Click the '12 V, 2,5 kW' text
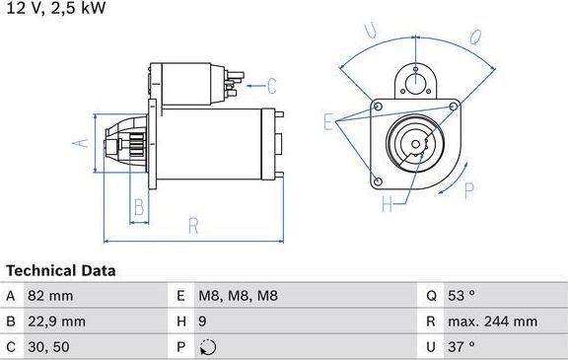[x=54, y=9]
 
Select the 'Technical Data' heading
[x=60, y=270]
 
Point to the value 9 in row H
[x=203, y=322]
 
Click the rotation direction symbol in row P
[x=205, y=347]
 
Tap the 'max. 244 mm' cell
[x=492, y=322]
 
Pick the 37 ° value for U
[x=461, y=347]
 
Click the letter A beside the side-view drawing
[x=82, y=143]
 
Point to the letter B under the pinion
[x=139, y=207]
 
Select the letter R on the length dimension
[x=193, y=226]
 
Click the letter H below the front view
[x=387, y=205]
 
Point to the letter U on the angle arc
[x=371, y=31]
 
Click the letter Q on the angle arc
[x=473, y=38]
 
